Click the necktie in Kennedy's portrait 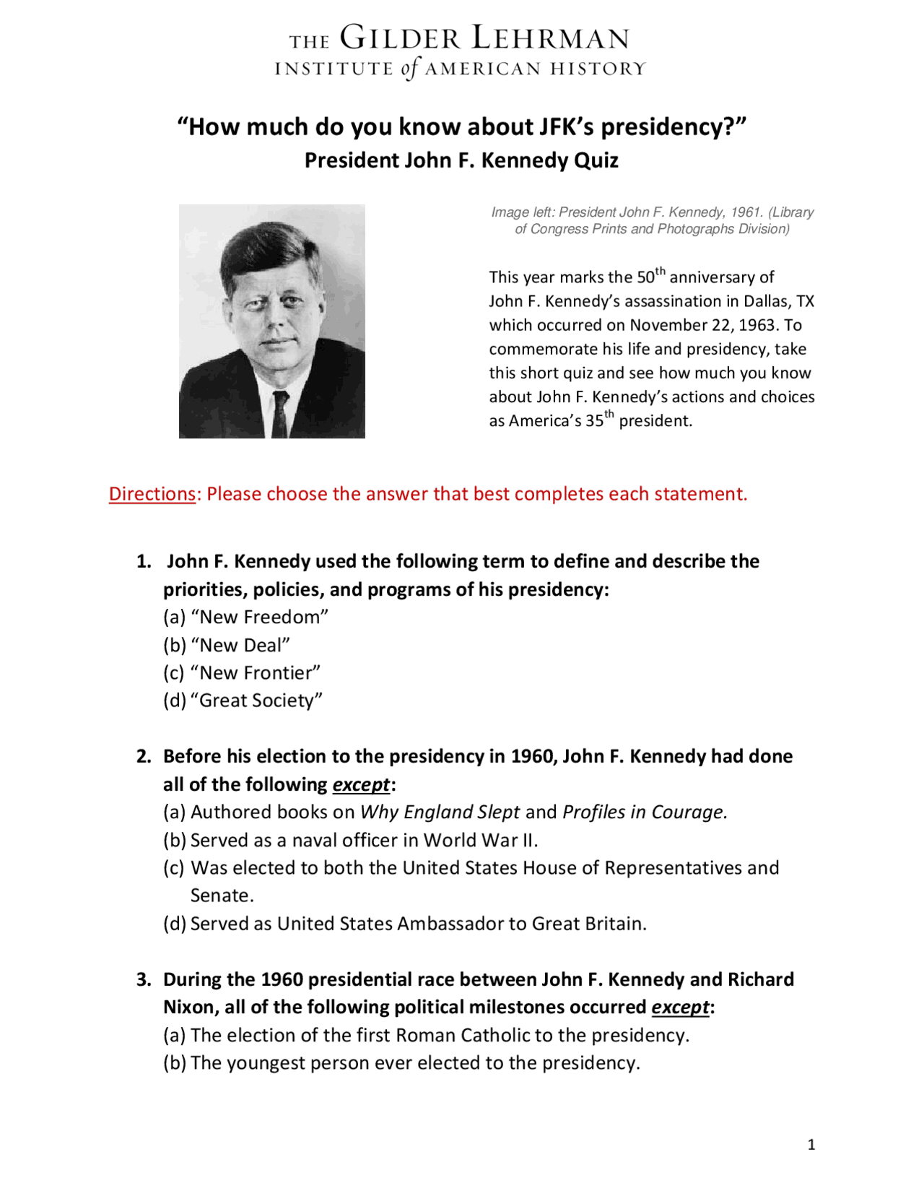pos(280,414)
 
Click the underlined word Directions pos(152,494)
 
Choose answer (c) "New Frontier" pos(242,673)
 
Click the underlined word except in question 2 pos(361,784)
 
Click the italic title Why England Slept pos(440,812)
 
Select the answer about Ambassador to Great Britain pos(404,924)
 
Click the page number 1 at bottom pos(811,1145)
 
